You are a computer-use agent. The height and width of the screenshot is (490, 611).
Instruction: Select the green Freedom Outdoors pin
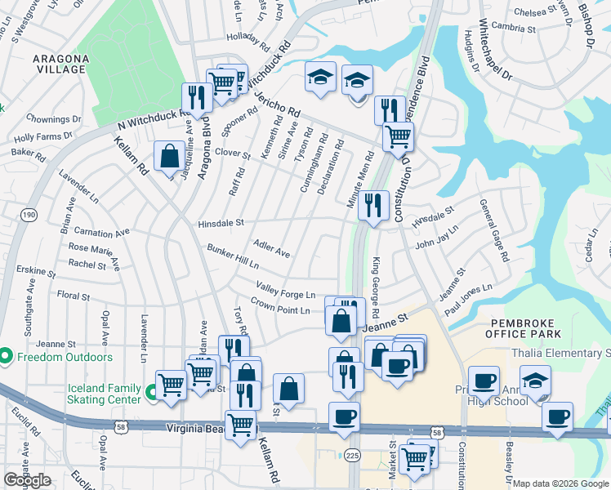tap(6, 356)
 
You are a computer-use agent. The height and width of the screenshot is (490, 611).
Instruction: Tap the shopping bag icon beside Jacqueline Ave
tap(169, 157)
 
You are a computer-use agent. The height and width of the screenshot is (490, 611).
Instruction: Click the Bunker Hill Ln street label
tap(232, 256)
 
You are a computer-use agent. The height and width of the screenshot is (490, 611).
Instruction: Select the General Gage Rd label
tap(493, 230)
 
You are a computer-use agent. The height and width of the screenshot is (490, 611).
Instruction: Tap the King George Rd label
tap(377, 287)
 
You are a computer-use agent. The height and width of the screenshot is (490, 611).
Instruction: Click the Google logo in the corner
tap(27, 480)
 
